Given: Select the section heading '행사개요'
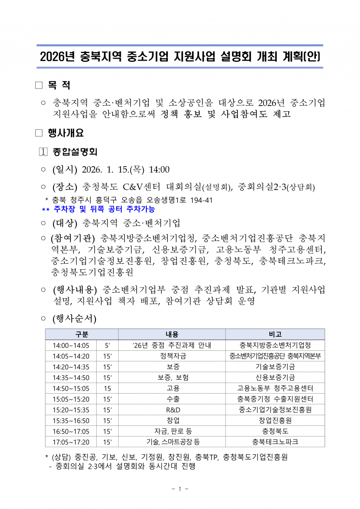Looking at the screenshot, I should point(65,133).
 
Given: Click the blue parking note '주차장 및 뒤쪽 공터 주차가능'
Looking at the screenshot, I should point(104,209).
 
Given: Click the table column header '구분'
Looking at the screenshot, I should point(81,334).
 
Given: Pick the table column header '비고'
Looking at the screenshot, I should point(275,334).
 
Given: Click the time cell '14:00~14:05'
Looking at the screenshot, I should point(71,345).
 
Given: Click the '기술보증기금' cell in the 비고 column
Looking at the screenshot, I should point(275,367).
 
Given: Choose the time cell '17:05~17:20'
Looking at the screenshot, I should point(71,442).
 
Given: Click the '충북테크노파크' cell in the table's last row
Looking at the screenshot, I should point(275,442).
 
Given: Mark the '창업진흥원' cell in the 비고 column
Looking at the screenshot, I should point(275,420).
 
